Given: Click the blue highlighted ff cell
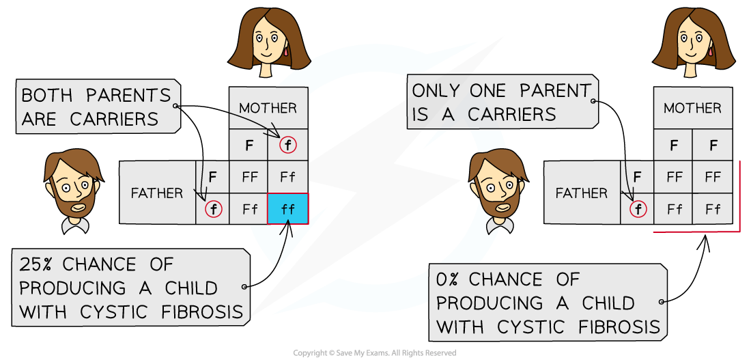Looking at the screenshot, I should pos(287,208).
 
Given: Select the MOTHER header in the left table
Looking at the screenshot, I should pos(268,108).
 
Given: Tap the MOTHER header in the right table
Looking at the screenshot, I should pos(692,108).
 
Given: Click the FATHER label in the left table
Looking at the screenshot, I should pos(157,193).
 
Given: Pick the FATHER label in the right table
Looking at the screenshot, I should pos(582,193).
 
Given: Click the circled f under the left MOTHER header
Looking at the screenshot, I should pos(287,145).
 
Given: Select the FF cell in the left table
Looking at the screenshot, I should pos(249,177).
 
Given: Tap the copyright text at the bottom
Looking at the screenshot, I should pos(375,353).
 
